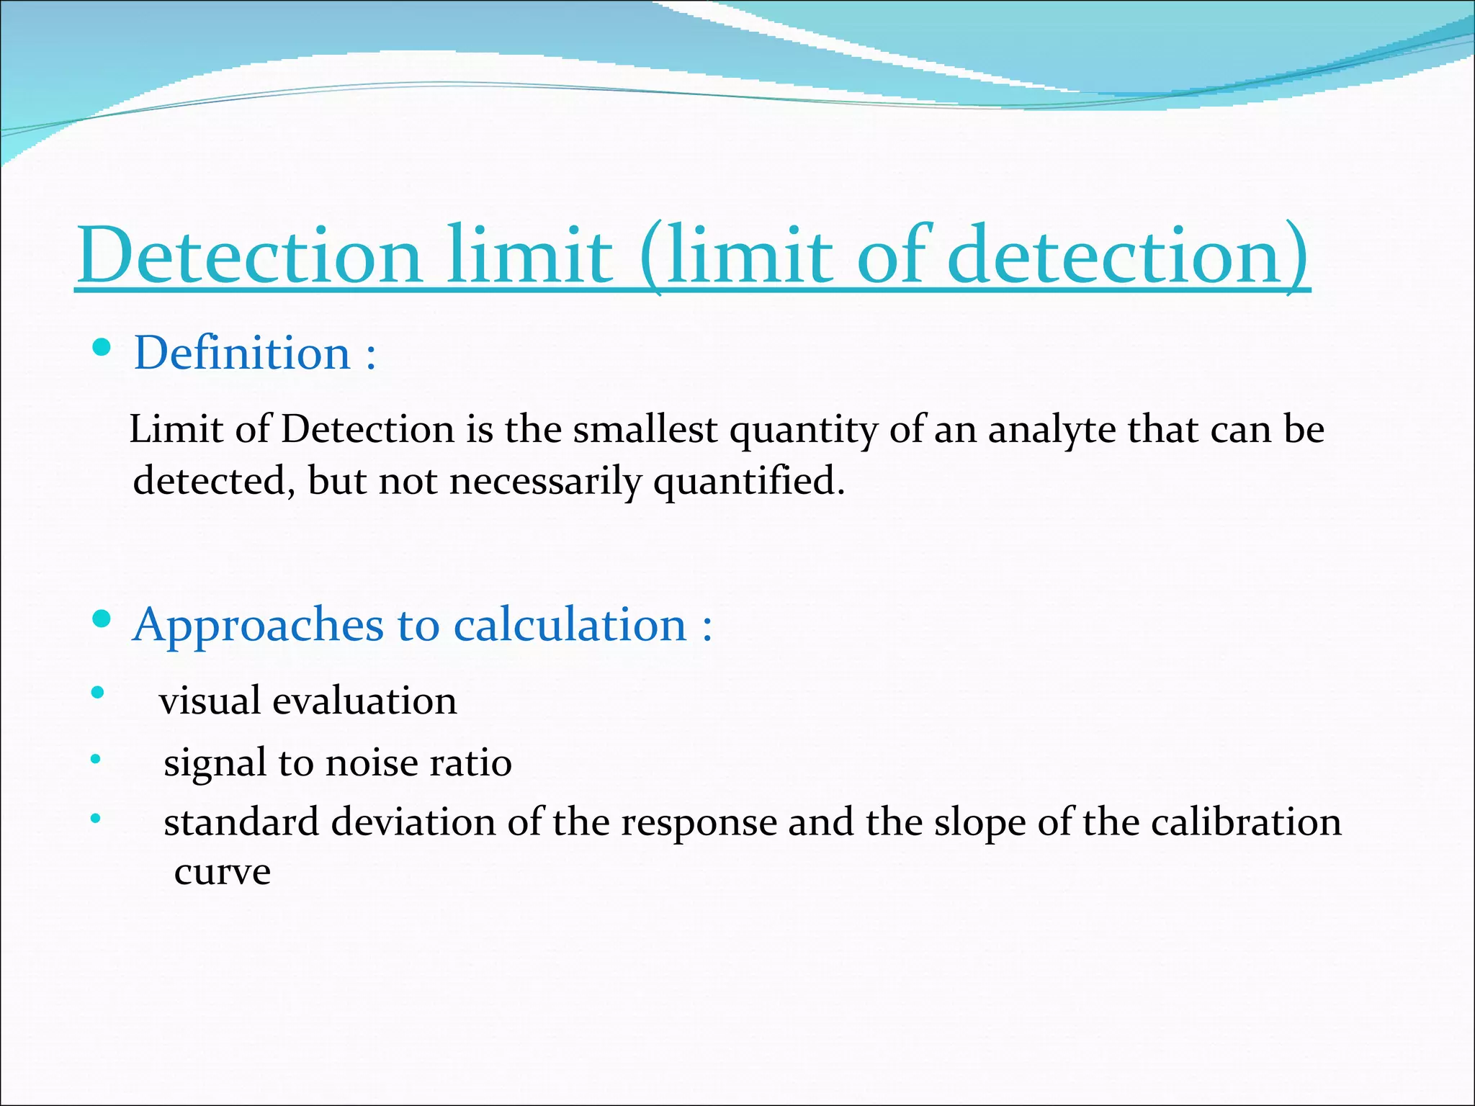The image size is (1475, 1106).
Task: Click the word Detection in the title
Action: coord(249,256)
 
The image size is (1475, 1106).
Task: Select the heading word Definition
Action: coord(242,354)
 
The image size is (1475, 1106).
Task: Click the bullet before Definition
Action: coord(102,349)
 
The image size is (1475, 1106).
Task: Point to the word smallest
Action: coord(645,430)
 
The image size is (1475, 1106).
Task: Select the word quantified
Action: coord(749,481)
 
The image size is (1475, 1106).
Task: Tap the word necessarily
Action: coord(545,481)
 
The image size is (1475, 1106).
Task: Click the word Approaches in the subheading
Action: coord(259,625)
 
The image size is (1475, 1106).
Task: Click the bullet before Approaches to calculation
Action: coord(102,619)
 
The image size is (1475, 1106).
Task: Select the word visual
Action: coord(210,701)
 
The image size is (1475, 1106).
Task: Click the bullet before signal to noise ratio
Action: coord(96,759)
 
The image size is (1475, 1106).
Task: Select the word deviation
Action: coord(413,822)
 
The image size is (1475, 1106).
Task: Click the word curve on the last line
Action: coord(223,872)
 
